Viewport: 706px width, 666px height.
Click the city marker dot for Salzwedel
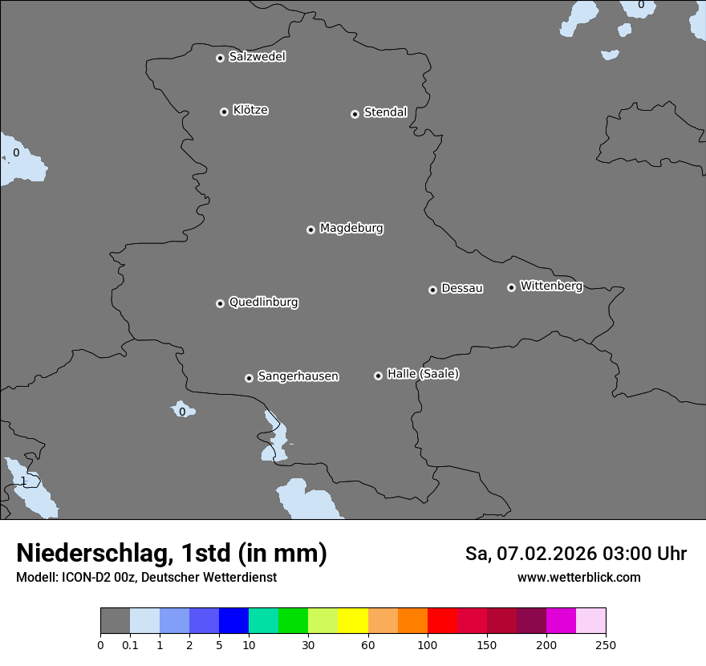(220, 58)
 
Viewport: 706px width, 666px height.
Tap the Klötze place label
(250, 110)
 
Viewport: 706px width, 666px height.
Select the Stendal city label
(385, 112)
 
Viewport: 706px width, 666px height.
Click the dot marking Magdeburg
(310, 229)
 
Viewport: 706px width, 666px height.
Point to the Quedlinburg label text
(263, 303)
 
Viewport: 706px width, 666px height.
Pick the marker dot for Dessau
(432, 290)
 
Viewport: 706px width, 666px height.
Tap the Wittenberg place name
(551, 286)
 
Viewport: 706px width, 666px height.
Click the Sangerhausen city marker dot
(249, 378)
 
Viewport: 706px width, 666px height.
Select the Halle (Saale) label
(423, 374)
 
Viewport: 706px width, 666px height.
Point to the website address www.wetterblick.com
(578, 577)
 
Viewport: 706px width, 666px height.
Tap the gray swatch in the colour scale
(115, 621)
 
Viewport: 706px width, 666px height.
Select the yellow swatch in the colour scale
(353, 621)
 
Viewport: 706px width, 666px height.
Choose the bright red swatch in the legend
(442, 621)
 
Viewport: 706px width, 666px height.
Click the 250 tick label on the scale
(606, 644)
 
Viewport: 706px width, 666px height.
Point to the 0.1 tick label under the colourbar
(130, 644)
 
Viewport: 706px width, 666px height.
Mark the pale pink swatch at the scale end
(590, 621)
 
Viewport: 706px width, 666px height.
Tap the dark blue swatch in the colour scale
(233, 621)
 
